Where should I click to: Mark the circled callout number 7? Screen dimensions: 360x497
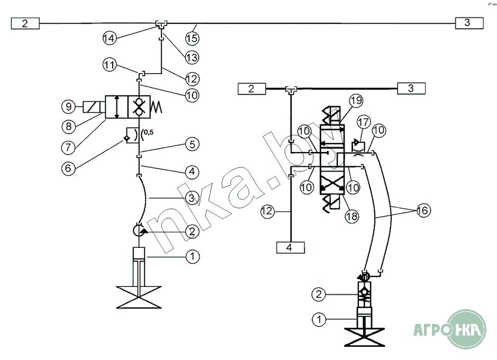[x=68, y=146]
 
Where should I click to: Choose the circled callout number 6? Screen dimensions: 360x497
[x=68, y=126]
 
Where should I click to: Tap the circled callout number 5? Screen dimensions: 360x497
[x=68, y=107]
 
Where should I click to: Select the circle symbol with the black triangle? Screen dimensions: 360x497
[x=140, y=231]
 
